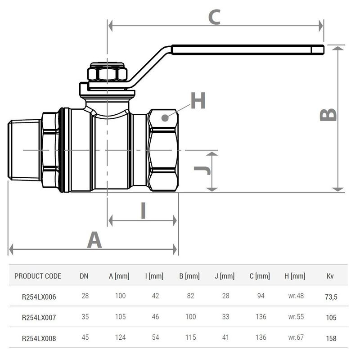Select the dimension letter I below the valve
click(x=144, y=210)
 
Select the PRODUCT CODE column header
click(x=38, y=276)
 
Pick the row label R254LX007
click(x=39, y=317)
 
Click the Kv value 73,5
click(x=331, y=297)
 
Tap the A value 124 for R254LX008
click(x=120, y=337)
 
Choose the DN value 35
click(x=84, y=317)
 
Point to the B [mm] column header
click(x=190, y=276)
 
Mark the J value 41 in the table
click(x=225, y=337)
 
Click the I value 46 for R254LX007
click(x=155, y=317)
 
